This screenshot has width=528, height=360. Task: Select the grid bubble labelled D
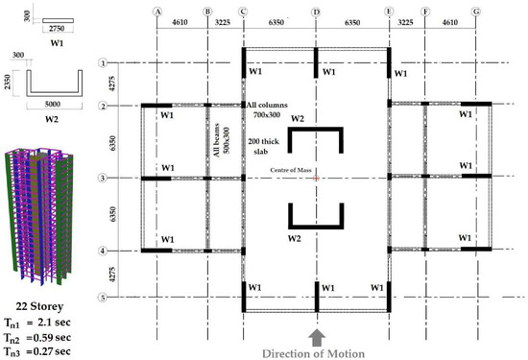(316, 12)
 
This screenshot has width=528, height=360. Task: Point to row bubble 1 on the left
(101, 63)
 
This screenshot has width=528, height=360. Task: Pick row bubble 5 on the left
(101, 297)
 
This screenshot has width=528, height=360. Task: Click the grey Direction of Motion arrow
(316, 335)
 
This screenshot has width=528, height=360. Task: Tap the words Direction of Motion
(317, 352)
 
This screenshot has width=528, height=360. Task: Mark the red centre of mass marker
(316, 178)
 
